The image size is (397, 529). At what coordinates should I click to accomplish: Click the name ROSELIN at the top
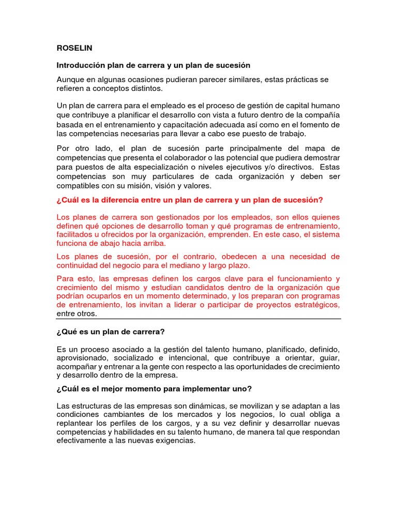point(74,48)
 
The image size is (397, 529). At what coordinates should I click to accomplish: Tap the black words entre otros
point(77,314)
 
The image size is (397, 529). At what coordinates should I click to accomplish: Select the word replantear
point(75,424)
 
